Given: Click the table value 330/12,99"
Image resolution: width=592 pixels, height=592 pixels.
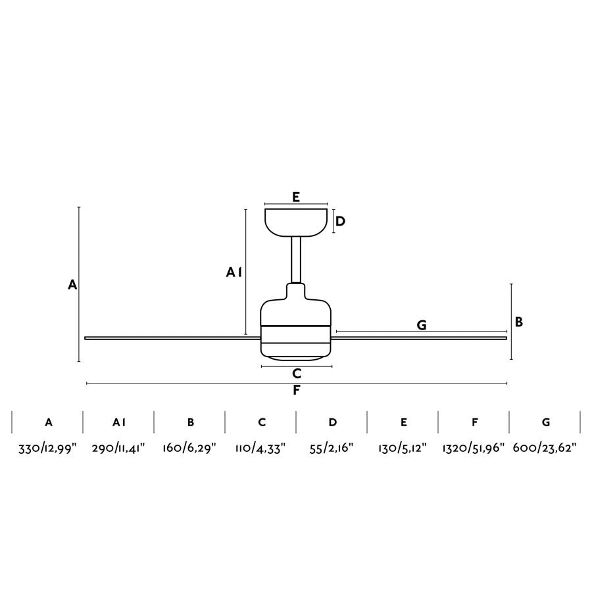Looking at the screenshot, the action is click(x=47, y=449).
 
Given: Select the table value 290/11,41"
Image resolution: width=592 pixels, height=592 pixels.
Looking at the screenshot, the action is click(x=118, y=449).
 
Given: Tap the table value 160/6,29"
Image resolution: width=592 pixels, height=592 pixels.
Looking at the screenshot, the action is click(x=189, y=449).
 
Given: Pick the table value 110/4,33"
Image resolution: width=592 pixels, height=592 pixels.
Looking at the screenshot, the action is click(x=260, y=449).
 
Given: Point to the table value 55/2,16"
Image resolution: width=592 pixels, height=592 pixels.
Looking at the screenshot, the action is click(x=332, y=449).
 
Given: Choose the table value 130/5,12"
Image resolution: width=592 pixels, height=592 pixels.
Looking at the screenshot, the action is click(x=403, y=449).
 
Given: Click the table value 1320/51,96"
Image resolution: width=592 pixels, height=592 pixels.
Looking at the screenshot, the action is click(x=474, y=449).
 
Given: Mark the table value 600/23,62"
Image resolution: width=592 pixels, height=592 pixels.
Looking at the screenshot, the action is click(x=545, y=449).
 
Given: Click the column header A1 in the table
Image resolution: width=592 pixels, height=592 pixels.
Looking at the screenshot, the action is click(x=119, y=422).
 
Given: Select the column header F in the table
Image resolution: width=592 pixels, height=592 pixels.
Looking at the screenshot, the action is click(x=474, y=422).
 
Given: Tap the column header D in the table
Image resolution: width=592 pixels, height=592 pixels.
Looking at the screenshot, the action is click(x=332, y=422).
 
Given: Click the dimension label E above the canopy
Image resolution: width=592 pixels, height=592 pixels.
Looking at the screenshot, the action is click(x=296, y=197).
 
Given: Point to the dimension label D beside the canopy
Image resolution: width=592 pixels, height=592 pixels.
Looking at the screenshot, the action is click(x=340, y=221).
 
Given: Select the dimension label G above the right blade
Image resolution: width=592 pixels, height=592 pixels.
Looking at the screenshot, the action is click(x=422, y=325).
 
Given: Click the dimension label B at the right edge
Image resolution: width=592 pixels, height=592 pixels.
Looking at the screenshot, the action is click(x=519, y=322).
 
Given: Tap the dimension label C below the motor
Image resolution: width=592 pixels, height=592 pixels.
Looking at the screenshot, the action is click(x=297, y=374).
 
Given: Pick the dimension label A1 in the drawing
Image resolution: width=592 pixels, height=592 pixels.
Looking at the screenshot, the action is click(x=234, y=272).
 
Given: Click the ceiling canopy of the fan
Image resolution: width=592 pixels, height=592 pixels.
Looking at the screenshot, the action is click(x=296, y=223).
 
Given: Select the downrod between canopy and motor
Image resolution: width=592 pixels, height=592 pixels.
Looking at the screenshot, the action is click(x=296, y=260).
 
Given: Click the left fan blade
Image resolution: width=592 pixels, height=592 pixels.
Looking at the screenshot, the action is click(x=172, y=338).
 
